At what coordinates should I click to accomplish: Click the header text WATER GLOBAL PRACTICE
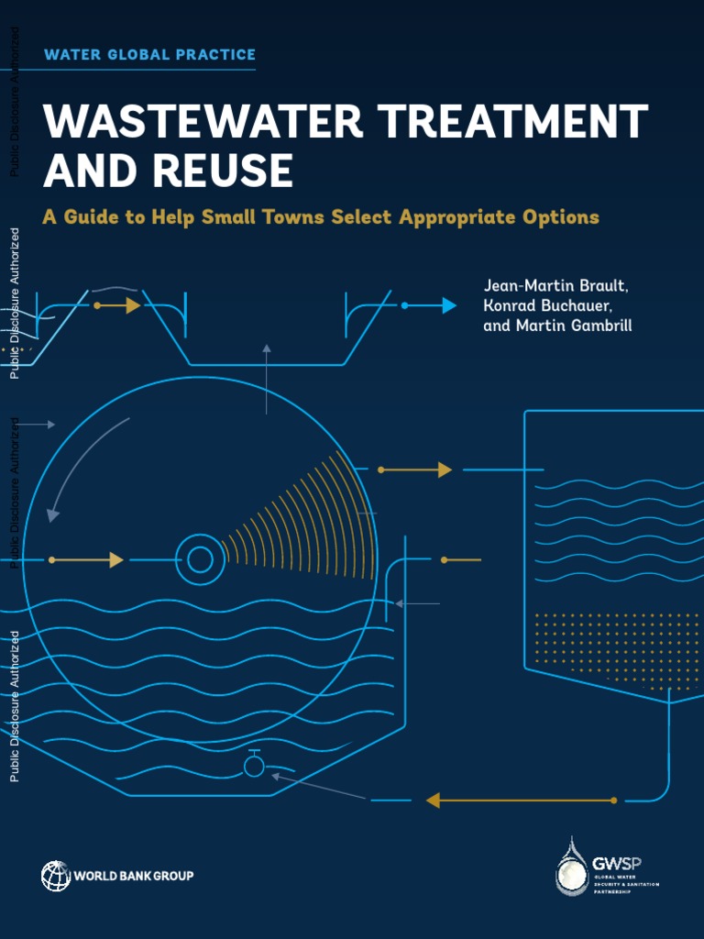point(149,55)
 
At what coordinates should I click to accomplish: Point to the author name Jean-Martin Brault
point(555,285)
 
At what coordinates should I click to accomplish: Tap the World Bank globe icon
point(55,876)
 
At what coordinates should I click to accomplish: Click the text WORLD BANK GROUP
point(134,876)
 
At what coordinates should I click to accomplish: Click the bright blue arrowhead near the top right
point(448,305)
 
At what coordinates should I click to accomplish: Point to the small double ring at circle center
point(199,559)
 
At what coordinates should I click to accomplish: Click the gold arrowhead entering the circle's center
point(116,559)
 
